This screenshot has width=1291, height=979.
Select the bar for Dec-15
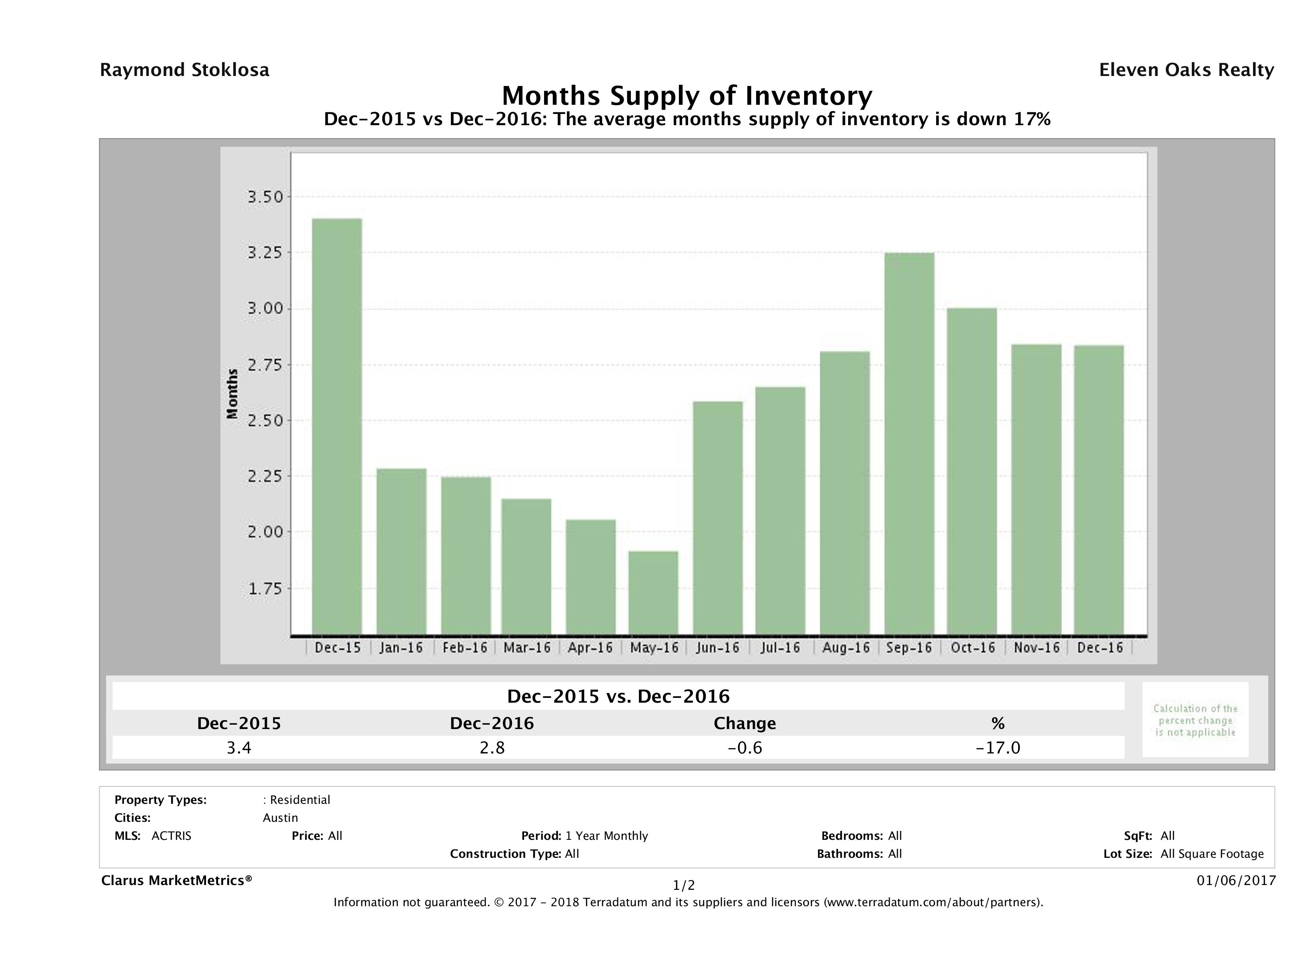[337, 426]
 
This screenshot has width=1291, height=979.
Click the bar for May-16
[653, 593]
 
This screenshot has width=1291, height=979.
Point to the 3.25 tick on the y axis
[266, 253]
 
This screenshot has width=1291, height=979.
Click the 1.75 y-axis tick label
[266, 589]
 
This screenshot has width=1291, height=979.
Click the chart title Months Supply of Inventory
[687, 95]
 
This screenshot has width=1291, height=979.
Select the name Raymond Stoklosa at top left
[184, 70]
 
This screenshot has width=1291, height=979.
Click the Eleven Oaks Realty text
[1186, 70]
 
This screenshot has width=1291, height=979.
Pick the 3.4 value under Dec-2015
[239, 748]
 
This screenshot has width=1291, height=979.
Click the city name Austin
[280, 818]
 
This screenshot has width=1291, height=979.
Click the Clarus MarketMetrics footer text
[176, 880]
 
